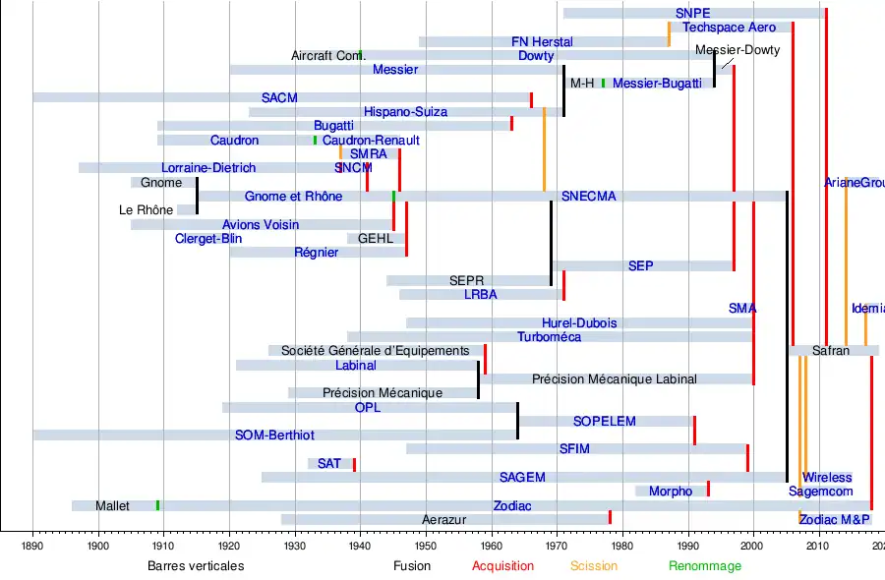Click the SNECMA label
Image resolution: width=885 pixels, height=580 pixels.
pos(588,197)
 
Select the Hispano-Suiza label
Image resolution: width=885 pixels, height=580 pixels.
pos(405,112)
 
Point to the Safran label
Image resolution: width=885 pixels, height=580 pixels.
pos(831,351)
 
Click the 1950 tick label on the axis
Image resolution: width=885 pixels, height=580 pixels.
pos(426,545)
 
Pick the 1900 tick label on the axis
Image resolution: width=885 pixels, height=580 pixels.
pos(98,545)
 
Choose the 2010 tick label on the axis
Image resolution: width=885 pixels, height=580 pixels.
pos(818,545)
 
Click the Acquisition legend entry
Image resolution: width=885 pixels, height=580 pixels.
pos(502,566)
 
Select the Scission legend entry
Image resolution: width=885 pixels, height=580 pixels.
pos(594,566)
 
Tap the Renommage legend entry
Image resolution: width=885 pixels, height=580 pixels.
pos(705,566)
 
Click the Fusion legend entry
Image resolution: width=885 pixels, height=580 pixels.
pos(412,566)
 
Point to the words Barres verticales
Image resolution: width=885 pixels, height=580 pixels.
pos(196,566)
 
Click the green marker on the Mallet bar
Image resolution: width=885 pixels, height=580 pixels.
pos(157,505)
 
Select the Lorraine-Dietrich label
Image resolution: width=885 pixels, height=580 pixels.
pos(208,168)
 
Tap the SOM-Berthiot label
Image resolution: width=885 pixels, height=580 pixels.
pos(274,435)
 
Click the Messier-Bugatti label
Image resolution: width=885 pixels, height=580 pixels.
pos(657,84)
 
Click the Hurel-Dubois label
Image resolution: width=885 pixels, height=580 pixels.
pos(579,323)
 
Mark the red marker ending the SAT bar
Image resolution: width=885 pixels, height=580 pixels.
pos(354,464)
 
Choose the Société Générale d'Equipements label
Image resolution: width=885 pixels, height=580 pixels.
pos(376,351)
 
